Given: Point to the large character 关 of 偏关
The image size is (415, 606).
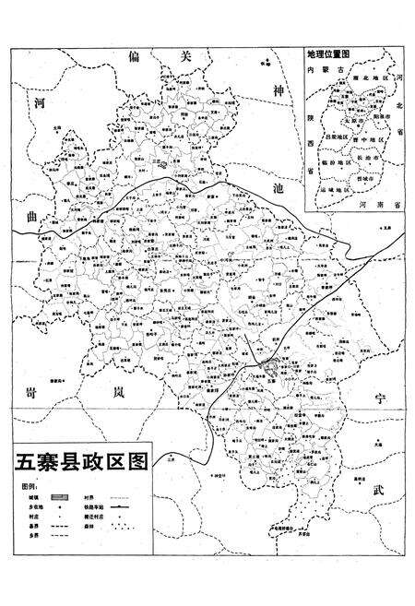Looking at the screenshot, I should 184,56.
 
